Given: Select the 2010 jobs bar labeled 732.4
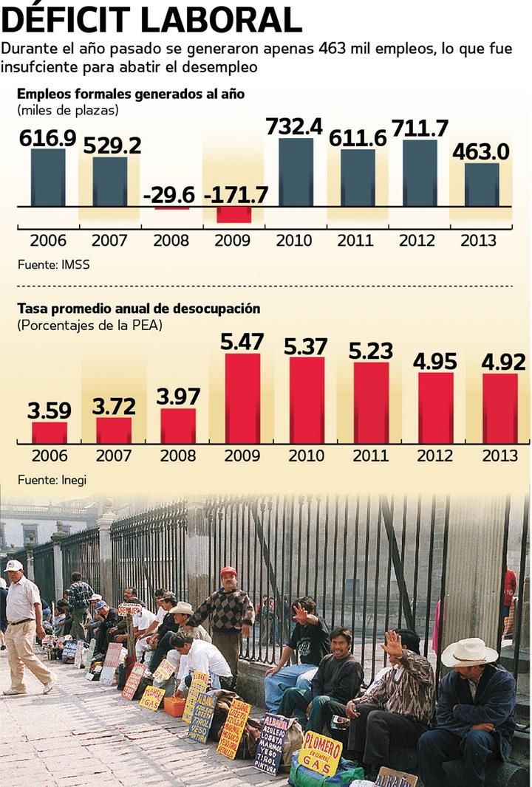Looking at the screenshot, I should [295, 172].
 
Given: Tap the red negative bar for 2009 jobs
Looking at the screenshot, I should [233, 214].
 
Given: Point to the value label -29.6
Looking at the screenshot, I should [170, 195].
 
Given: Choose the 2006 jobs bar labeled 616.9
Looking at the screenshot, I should [48, 178].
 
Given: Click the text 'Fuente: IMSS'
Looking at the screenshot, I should [54, 264].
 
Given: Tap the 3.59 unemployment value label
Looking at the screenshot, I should [48, 409].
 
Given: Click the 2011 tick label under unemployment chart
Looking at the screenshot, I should [370, 456].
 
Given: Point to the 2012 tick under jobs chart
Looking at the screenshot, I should [417, 241].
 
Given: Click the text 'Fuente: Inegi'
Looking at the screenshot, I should [52, 480].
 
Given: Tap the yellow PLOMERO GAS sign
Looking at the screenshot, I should [320, 752].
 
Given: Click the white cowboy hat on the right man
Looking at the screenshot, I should [468, 652].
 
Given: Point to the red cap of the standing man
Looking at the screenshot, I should [228, 571].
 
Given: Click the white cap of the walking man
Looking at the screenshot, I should [13, 566].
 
